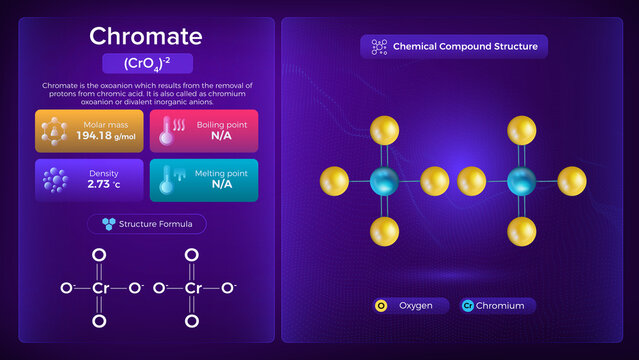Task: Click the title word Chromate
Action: point(146,36)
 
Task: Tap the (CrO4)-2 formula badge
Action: point(146,63)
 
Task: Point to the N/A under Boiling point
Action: point(221,135)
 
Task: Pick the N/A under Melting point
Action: point(221,184)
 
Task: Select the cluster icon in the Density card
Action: point(55,179)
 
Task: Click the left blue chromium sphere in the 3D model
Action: point(384,182)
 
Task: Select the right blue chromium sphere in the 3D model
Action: point(520,182)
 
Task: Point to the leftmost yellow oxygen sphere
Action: point(334,182)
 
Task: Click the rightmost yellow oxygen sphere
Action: point(571,182)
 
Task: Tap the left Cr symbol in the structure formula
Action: point(98,288)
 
